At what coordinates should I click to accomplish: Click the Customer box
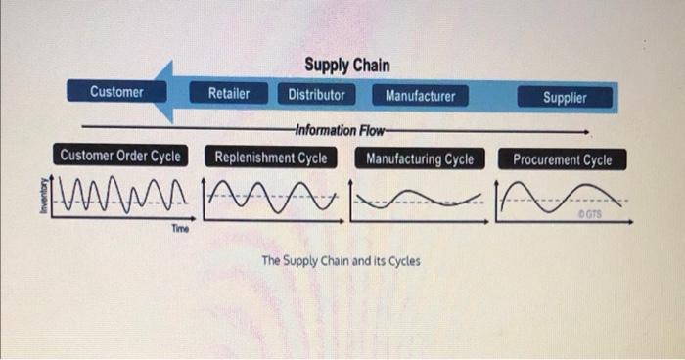116,92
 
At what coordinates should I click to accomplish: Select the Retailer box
228,94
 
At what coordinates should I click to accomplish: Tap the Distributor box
316,95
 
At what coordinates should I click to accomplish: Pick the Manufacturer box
420,96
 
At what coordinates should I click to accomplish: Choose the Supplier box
565,97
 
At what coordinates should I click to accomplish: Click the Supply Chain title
346,66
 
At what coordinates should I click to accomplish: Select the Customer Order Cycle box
120,156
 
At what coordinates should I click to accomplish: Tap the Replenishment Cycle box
271,157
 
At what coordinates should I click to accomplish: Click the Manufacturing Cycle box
419,158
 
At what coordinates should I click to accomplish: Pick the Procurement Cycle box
562,159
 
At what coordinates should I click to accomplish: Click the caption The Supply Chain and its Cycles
341,261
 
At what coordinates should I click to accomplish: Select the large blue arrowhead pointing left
168,93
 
